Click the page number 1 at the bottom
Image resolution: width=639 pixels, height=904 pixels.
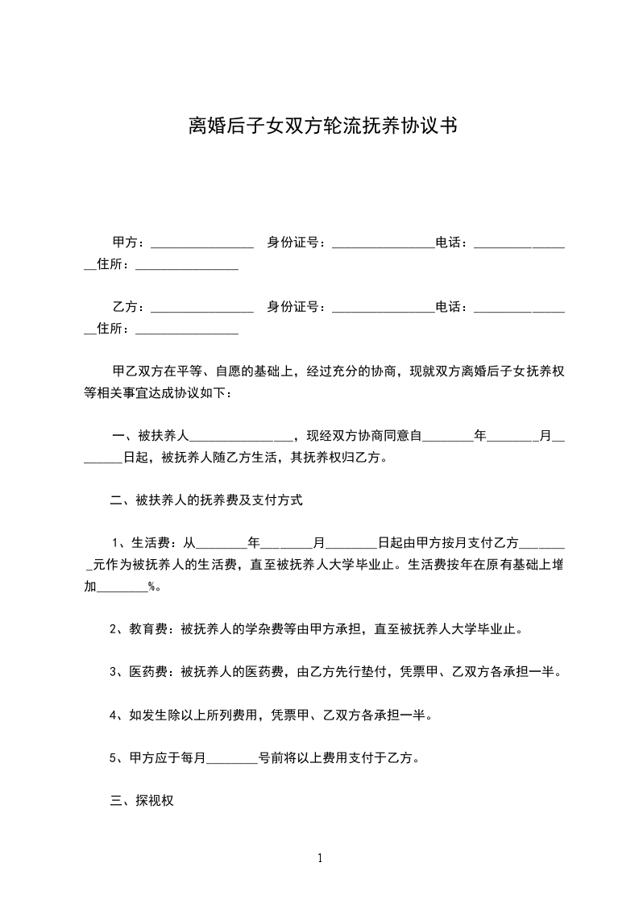320,858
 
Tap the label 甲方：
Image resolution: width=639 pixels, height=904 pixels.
129,242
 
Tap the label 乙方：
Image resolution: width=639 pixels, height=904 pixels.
129,307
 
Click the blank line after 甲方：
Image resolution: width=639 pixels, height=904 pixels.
202,245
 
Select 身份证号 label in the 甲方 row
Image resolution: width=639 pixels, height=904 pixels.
297,242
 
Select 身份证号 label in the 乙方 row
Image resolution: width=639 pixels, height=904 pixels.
297,307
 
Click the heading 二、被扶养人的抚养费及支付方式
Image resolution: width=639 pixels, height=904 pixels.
206,500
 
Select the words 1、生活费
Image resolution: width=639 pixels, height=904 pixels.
145,542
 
